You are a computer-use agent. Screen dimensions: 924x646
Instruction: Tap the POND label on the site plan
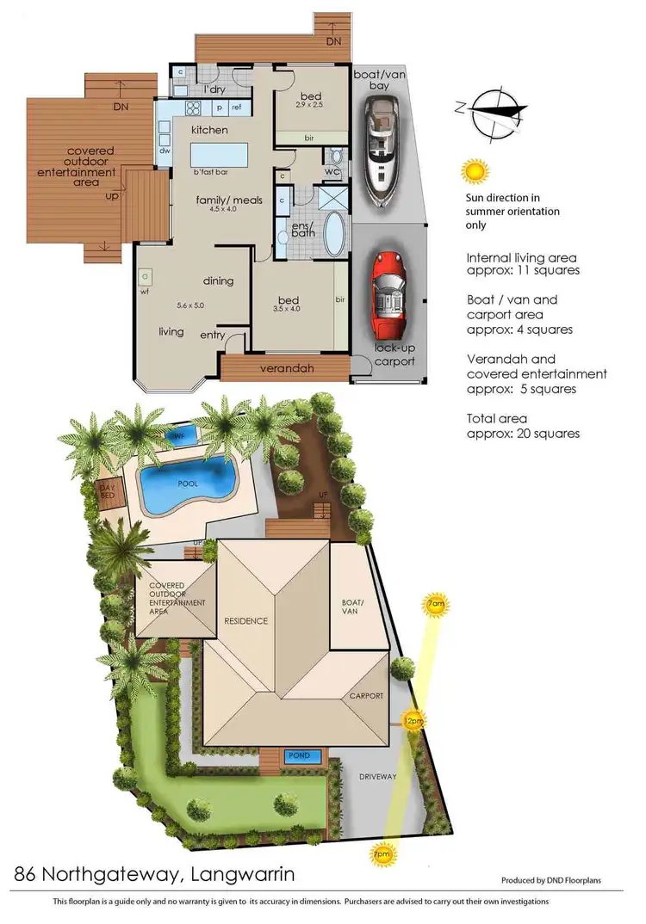(x=299, y=756)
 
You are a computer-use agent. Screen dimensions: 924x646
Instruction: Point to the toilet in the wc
(x=335, y=158)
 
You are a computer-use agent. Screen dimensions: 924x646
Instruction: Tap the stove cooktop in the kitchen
(x=192, y=109)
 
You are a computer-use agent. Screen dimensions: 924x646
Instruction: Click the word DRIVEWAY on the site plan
(x=377, y=777)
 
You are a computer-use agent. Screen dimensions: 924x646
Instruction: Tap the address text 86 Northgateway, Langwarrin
(x=155, y=875)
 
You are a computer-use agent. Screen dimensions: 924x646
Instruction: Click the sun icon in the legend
(x=475, y=171)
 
